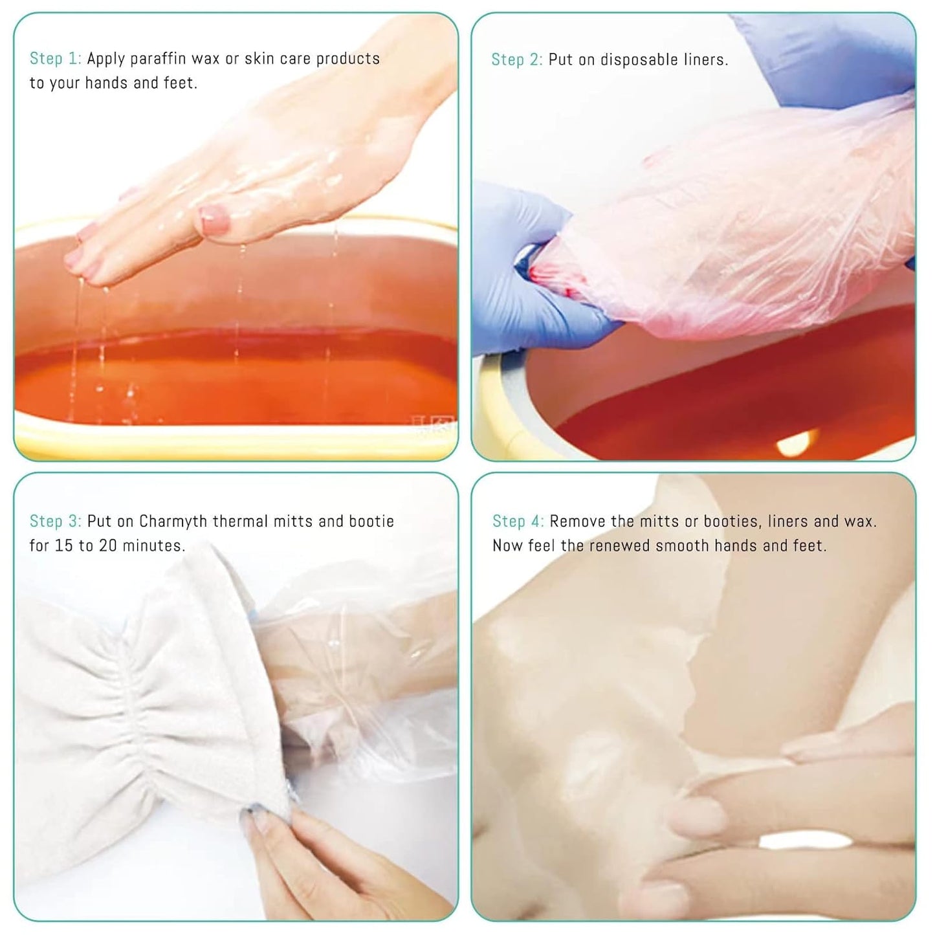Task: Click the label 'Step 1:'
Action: [x=55, y=59]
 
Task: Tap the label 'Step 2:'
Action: [x=516, y=60]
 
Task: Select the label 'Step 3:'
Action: [x=55, y=522]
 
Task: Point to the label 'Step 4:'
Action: [x=518, y=522]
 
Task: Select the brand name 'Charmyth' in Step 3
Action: [x=173, y=522]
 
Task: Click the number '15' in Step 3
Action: [x=63, y=546]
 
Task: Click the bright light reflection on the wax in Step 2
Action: [x=796, y=445]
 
